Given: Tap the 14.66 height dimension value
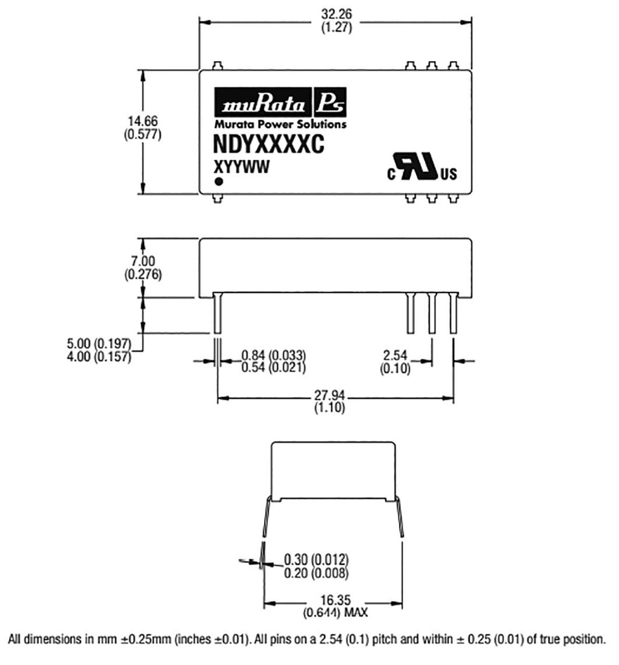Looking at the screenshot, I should [142, 121].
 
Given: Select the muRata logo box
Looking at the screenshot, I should [263, 103].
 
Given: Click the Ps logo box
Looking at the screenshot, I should [331, 103].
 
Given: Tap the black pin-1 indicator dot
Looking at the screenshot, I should [219, 182].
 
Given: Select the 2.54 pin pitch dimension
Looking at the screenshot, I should [394, 356].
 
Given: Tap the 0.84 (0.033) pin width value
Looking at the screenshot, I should [273, 355].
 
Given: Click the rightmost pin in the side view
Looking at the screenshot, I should [454, 314].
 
